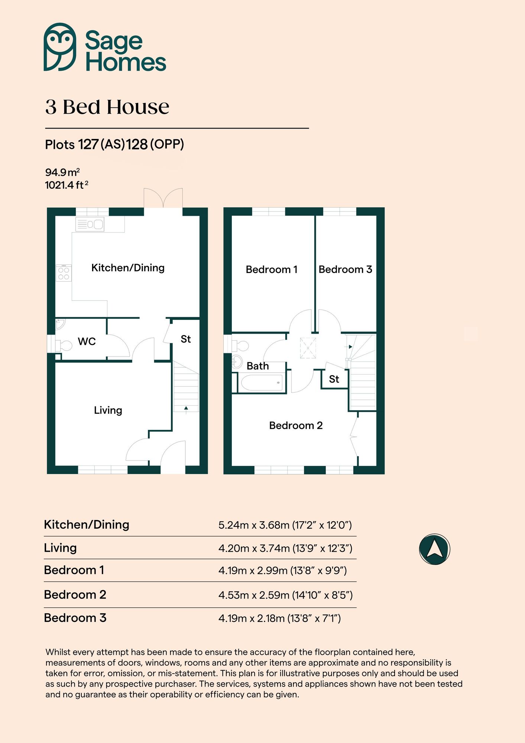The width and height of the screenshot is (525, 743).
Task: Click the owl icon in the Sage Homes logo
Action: click(60, 47)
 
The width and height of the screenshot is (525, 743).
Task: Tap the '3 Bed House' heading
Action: click(107, 107)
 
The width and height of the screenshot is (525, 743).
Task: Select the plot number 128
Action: click(137, 144)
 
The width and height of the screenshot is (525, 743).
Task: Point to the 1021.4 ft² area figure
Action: click(66, 185)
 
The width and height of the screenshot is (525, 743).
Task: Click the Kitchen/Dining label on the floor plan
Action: click(128, 268)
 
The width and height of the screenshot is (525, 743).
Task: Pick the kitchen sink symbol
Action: click(90, 224)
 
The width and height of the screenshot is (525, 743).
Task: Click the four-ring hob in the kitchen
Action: click(64, 273)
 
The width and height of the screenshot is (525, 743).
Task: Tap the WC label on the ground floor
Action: click(87, 341)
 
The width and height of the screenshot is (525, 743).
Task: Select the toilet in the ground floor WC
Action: click(64, 345)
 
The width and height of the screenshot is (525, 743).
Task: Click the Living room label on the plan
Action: click(108, 410)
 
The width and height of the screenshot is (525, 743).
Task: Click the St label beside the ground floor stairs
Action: click(185, 339)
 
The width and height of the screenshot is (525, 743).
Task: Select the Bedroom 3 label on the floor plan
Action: click(345, 269)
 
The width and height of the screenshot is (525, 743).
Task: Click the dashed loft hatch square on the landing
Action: click(308, 348)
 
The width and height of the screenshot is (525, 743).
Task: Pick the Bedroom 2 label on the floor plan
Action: click(296, 425)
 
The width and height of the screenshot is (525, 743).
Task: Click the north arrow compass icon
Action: click(434, 549)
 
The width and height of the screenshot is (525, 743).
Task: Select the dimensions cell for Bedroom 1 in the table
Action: click(282, 570)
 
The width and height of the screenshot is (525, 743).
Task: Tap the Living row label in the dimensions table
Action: click(60, 548)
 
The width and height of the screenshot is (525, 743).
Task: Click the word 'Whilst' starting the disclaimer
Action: click(57, 652)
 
